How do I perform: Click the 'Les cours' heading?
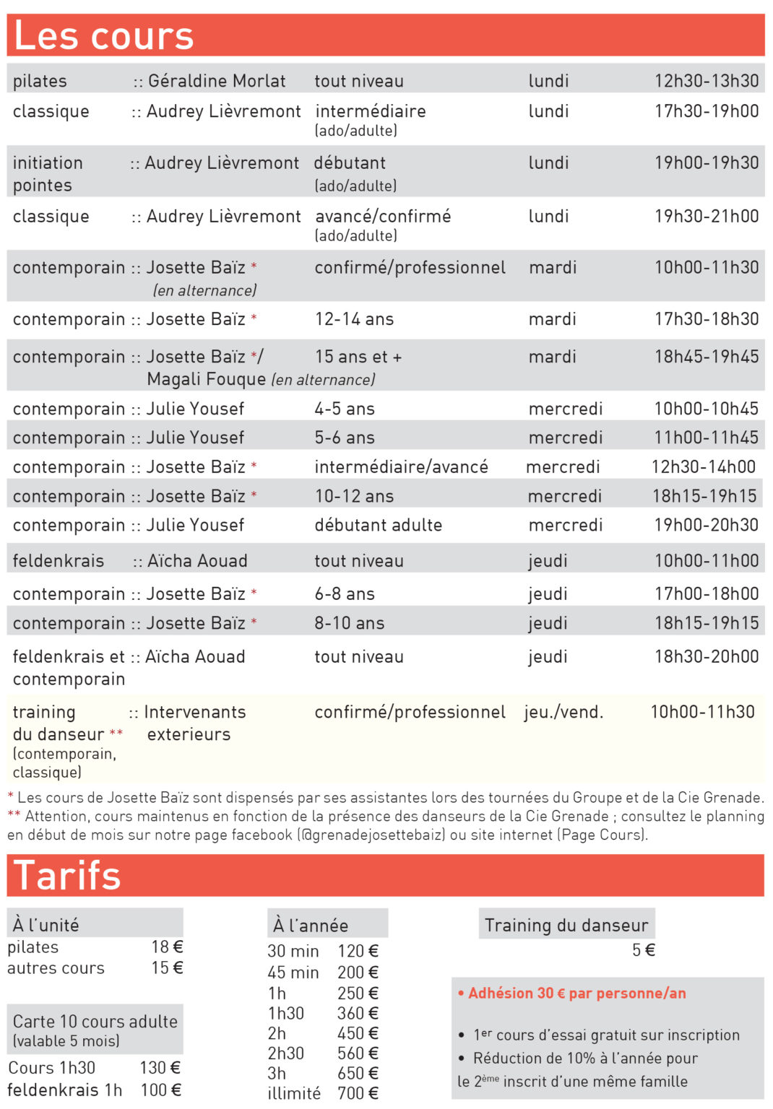tap(103, 35)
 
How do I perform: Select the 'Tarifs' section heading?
tap(66, 875)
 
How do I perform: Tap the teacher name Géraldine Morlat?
tap(217, 81)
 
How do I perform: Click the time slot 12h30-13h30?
tap(706, 81)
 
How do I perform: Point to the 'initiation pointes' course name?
tap(47, 174)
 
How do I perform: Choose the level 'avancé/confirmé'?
tap(383, 216)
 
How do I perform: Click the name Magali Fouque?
tap(206, 379)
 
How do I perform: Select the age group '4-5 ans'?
tap(344, 409)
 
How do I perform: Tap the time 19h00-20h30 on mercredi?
tap(706, 525)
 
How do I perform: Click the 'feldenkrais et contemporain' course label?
tap(69, 668)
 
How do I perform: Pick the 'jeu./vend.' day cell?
tap(563, 712)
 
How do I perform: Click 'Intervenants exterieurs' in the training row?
tap(191, 723)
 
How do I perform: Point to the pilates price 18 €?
tap(167, 947)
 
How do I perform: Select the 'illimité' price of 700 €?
tap(358, 1093)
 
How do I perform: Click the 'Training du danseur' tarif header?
tap(566, 925)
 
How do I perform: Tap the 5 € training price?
tap(643, 950)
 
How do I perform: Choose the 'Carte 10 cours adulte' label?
tap(95, 1021)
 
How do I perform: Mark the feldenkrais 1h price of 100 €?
tap(160, 1090)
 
